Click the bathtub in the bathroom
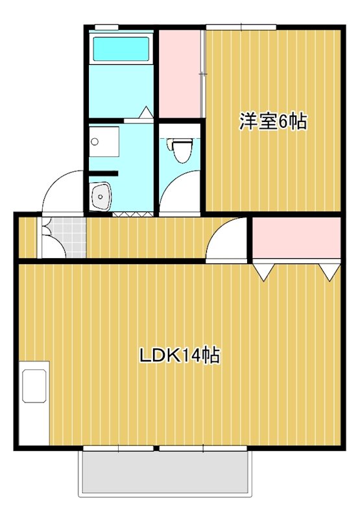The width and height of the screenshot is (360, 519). click(x=121, y=49)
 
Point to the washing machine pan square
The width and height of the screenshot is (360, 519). click(x=104, y=141)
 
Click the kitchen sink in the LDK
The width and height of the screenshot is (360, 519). click(x=34, y=387)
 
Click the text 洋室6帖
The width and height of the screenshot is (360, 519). click(x=272, y=121)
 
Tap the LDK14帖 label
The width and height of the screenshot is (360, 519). click(x=180, y=356)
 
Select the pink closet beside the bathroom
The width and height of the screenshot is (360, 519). click(x=180, y=73)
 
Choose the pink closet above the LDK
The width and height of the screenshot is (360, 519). click(x=296, y=238)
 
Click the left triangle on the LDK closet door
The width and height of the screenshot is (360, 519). click(x=263, y=271)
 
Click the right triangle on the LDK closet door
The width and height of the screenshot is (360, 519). click(x=330, y=271)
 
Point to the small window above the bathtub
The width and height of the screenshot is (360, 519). click(x=106, y=27)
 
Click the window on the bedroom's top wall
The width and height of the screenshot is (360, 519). click(x=241, y=27)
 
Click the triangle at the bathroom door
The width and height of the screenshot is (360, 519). click(x=147, y=112)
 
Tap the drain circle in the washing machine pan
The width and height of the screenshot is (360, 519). click(x=94, y=141)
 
